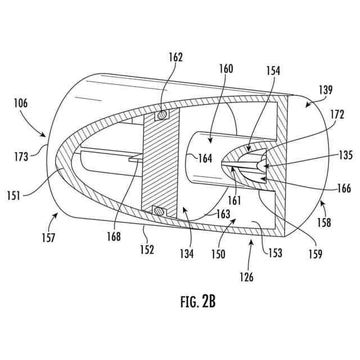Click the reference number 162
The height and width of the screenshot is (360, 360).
point(175,57)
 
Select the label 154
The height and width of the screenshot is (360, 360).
point(273,71)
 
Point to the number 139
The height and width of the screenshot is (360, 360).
point(325,89)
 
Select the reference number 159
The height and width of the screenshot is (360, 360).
point(314,255)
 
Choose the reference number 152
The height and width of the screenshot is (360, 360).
point(147,250)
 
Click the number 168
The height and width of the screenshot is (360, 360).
point(114,237)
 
